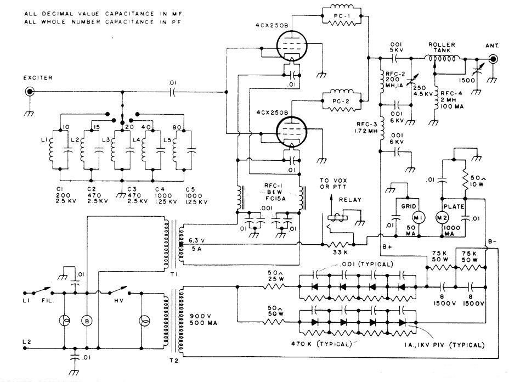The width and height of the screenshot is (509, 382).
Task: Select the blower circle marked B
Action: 85,321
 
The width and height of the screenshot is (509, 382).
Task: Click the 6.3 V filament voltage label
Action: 196,240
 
